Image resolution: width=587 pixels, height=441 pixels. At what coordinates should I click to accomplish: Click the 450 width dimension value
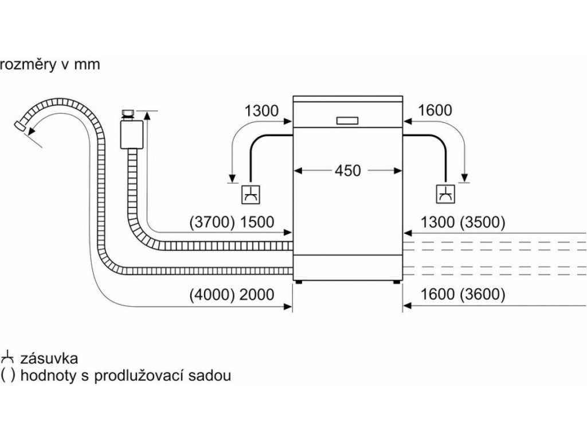(x=348, y=171)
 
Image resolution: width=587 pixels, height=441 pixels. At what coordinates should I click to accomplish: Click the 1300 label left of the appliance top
(x=261, y=110)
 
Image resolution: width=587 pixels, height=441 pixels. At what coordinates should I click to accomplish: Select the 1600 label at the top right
(x=436, y=110)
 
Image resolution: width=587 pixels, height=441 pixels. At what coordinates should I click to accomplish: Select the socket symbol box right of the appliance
(x=445, y=194)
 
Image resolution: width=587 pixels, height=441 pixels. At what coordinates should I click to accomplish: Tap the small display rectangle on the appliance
(x=346, y=121)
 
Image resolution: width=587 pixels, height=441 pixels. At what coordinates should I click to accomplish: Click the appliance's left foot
(x=298, y=282)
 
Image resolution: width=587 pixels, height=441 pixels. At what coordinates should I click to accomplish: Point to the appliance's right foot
(x=397, y=282)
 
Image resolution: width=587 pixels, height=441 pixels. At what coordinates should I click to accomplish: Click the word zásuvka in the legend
(x=49, y=359)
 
